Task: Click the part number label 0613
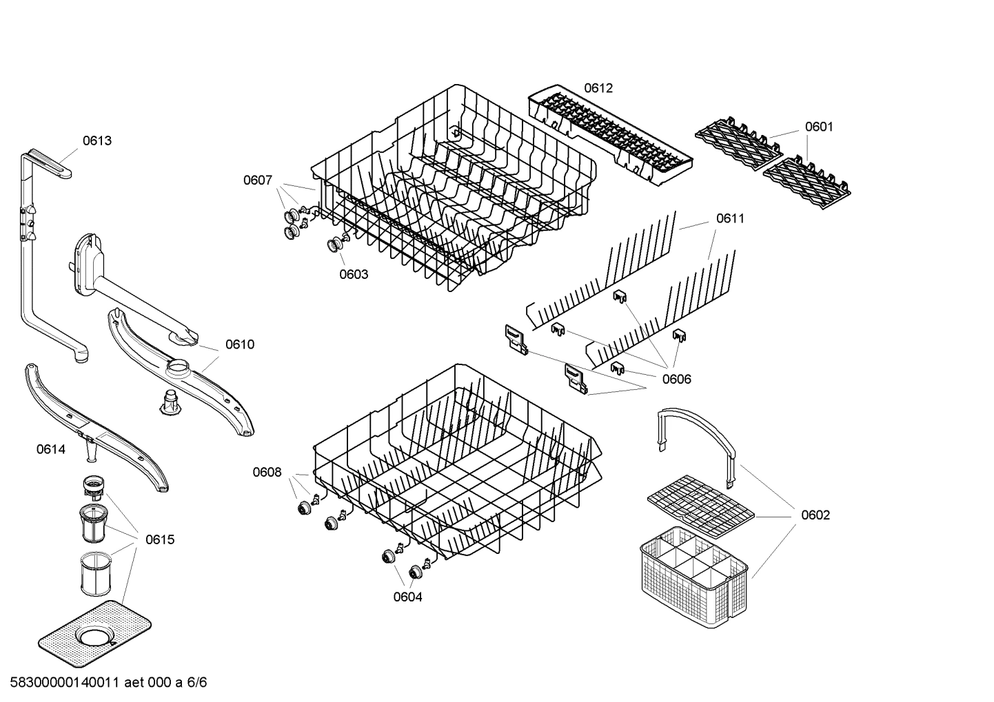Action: point(97,141)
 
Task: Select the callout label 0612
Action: point(598,88)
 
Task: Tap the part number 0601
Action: point(819,127)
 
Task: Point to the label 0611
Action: point(730,218)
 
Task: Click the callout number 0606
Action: point(676,379)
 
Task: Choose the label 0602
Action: point(815,515)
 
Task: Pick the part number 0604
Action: point(407,597)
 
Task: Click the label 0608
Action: point(267,472)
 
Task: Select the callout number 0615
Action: point(160,539)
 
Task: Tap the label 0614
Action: point(51,450)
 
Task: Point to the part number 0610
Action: point(240,344)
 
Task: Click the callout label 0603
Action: point(354,274)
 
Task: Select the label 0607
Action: point(257,180)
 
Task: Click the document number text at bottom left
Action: point(104,683)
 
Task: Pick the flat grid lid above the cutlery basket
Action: point(700,506)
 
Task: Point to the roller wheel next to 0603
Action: point(336,244)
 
